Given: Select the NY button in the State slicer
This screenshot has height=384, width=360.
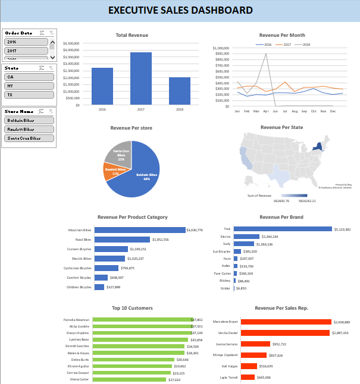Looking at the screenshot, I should [29, 86].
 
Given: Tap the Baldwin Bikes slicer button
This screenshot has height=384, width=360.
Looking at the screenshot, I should [29, 121].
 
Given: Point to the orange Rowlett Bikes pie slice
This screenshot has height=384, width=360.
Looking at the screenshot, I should [115, 171].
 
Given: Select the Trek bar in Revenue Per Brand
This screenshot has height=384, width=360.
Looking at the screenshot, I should [283, 229].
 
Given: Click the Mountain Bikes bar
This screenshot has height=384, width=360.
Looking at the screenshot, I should [140, 230].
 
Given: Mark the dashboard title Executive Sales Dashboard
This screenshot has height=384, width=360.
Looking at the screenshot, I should [180, 11].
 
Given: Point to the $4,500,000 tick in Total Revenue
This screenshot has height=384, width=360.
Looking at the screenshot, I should [71, 43].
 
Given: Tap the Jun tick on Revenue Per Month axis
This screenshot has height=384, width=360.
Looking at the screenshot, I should [275, 111].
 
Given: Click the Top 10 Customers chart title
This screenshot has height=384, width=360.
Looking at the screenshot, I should [132, 308].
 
